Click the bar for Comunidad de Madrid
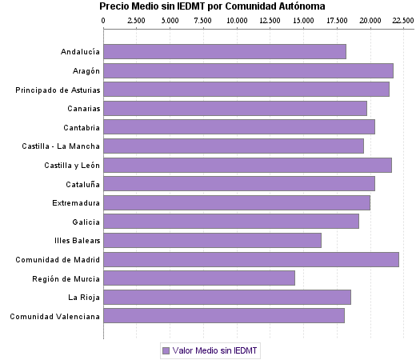coord(251,259)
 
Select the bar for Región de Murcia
coord(199,278)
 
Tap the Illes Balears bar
coord(212,240)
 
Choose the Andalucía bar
coord(225,52)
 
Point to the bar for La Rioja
coord(227,298)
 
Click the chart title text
coord(212,6)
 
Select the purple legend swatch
coord(166,350)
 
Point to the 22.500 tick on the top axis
coord(402,20)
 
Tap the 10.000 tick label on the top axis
coord(237,20)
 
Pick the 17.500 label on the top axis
coord(336,20)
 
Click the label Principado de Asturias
coord(58,90)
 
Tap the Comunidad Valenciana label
coord(55,316)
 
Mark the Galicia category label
coord(86,222)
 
